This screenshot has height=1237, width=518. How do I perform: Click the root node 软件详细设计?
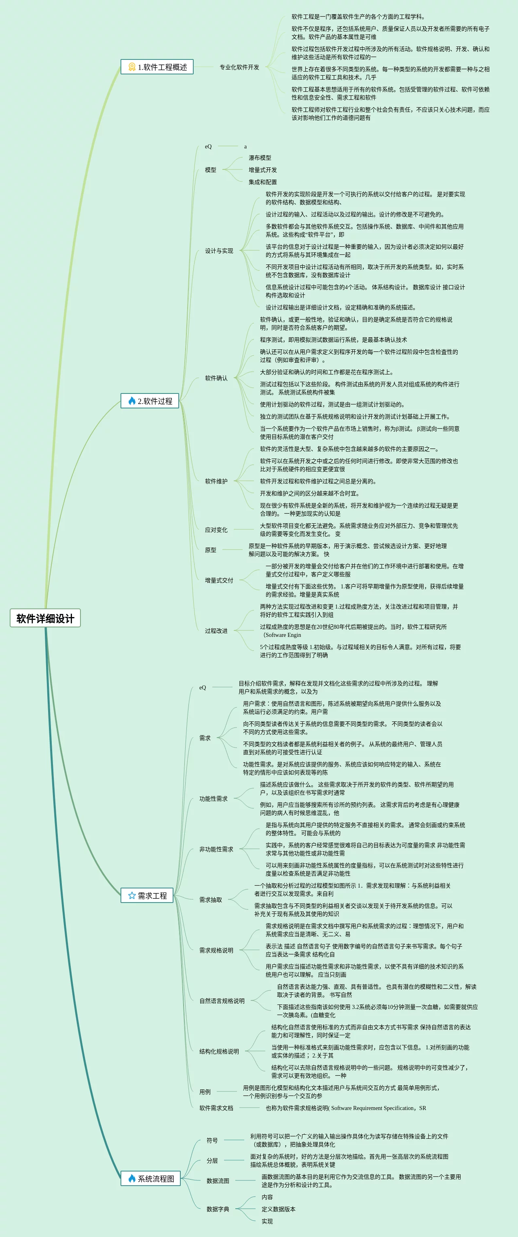point(45,618)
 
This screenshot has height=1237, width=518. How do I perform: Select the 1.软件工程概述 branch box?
point(157,67)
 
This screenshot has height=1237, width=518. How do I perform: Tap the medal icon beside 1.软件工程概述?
point(131,67)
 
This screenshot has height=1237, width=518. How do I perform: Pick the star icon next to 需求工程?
point(131,895)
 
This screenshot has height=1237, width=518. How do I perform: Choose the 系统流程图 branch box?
point(150,1178)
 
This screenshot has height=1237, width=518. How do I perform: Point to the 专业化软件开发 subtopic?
point(239,67)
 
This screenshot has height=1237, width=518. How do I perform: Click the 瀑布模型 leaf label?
point(260,158)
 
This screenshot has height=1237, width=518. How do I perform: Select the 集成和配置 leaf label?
point(262,182)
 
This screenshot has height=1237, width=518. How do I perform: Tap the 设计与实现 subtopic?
point(219,251)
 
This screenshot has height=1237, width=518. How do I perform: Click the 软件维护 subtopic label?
point(216,481)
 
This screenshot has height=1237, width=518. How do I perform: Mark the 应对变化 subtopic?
point(216,530)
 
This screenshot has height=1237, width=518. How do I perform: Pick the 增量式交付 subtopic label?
point(219,580)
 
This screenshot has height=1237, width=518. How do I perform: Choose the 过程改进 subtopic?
point(216,630)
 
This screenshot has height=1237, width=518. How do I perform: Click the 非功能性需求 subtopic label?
point(216,849)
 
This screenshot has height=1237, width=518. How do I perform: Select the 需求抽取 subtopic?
point(210,899)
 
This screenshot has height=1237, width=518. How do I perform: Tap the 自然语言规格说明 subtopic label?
point(222,1001)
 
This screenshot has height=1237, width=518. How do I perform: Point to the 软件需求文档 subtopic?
point(216,1108)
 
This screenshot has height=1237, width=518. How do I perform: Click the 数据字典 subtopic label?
point(218,1209)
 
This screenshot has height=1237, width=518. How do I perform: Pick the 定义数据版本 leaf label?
point(279,1209)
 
